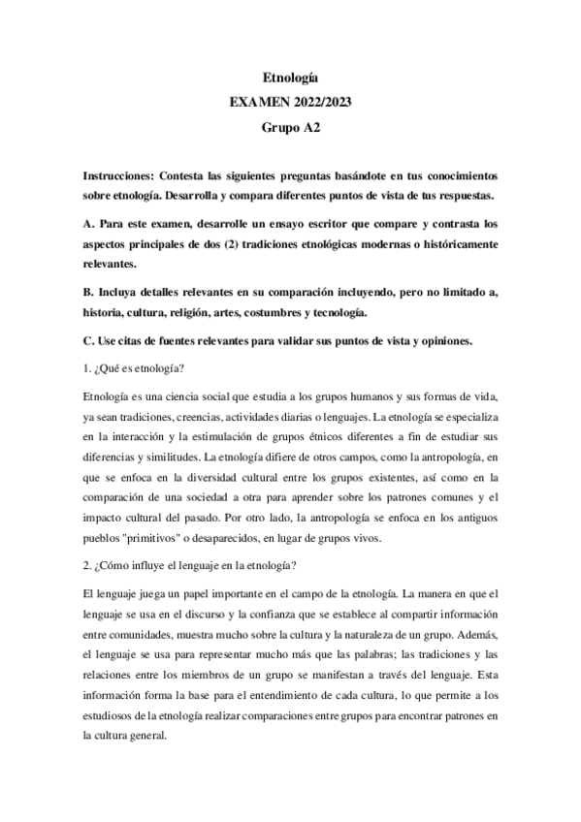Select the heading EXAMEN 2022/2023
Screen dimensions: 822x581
pyautogui.click(x=290, y=101)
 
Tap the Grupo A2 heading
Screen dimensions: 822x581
pyautogui.click(x=290, y=126)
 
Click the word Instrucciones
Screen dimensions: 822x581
pyautogui.click(x=121, y=177)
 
